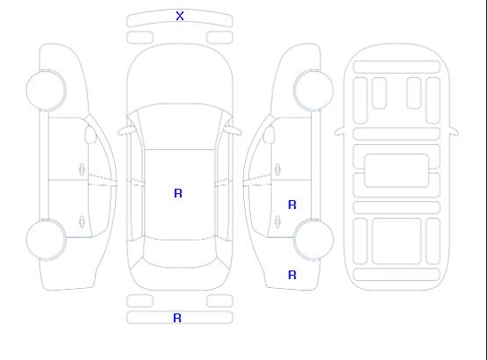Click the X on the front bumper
tap(180, 16)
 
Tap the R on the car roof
tap(178, 193)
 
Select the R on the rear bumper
tap(177, 318)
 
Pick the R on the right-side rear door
tap(292, 205)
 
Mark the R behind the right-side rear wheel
tap(292, 275)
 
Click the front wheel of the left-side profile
tap(46, 90)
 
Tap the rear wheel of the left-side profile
tap(46, 240)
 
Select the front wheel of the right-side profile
tap(313, 90)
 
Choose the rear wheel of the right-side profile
tap(313, 240)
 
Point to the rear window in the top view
tap(180, 254)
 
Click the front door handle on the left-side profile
tap(82, 169)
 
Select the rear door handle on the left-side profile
tap(82, 221)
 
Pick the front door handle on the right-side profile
tap(277, 169)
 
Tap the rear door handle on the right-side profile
tap(277, 221)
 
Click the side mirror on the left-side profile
tap(90, 134)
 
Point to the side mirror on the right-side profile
tap(269, 134)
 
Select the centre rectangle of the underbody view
tap(397, 170)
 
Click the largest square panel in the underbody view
tap(397, 241)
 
